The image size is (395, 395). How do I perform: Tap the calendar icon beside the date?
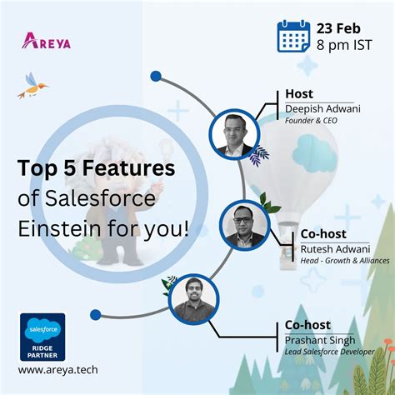[x=294, y=37]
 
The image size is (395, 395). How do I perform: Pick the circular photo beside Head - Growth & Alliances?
[x=244, y=226]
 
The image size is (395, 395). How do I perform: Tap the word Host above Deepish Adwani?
[x=299, y=94]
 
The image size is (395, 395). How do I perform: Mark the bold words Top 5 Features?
[x=97, y=169]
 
